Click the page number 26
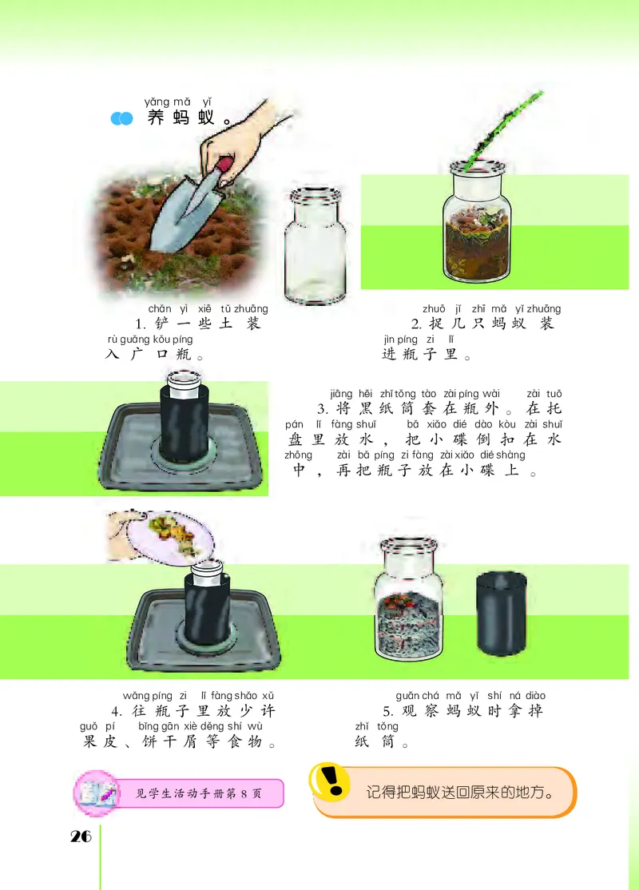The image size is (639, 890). [x=81, y=836]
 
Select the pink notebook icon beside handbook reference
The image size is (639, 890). [x=97, y=793]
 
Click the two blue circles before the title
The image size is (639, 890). [x=121, y=119]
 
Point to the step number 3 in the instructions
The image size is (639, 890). [x=323, y=409]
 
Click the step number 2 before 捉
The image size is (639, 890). [x=415, y=324]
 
